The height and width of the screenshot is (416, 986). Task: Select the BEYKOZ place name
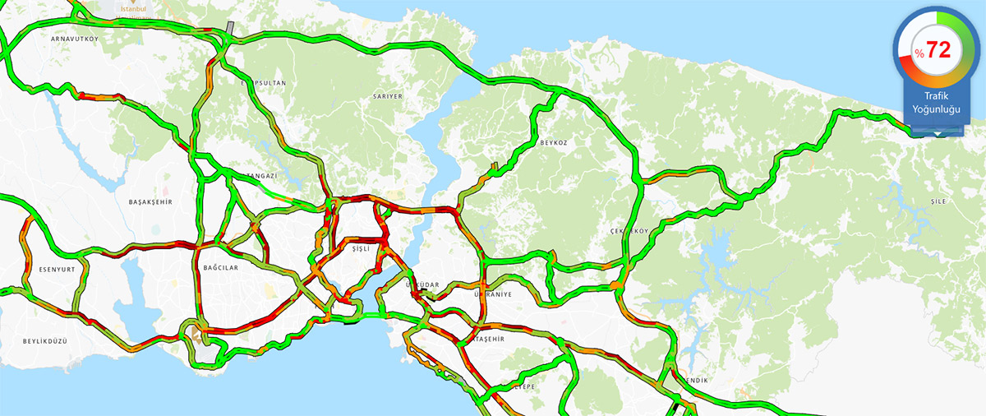[x=553, y=142]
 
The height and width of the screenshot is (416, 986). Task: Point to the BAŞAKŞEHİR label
[x=150, y=201]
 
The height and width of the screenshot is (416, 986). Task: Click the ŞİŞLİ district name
[x=361, y=247]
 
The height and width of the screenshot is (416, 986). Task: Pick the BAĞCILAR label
[x=220, y=268]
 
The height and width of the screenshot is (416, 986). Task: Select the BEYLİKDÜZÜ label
[x=44, y=340]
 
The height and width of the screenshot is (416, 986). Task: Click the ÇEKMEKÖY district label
[x=629, y=231]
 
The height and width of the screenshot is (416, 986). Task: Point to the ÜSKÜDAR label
[x=424, y=285]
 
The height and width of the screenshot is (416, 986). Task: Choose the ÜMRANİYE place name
[x=493, y=294]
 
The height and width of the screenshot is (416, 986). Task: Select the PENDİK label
[x=693, y=380]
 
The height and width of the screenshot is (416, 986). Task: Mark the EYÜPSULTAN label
[x=263, y=84]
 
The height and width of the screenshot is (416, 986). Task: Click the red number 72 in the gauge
[x=938, y=50]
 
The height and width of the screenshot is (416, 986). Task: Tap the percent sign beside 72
[x=919, y=53]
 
